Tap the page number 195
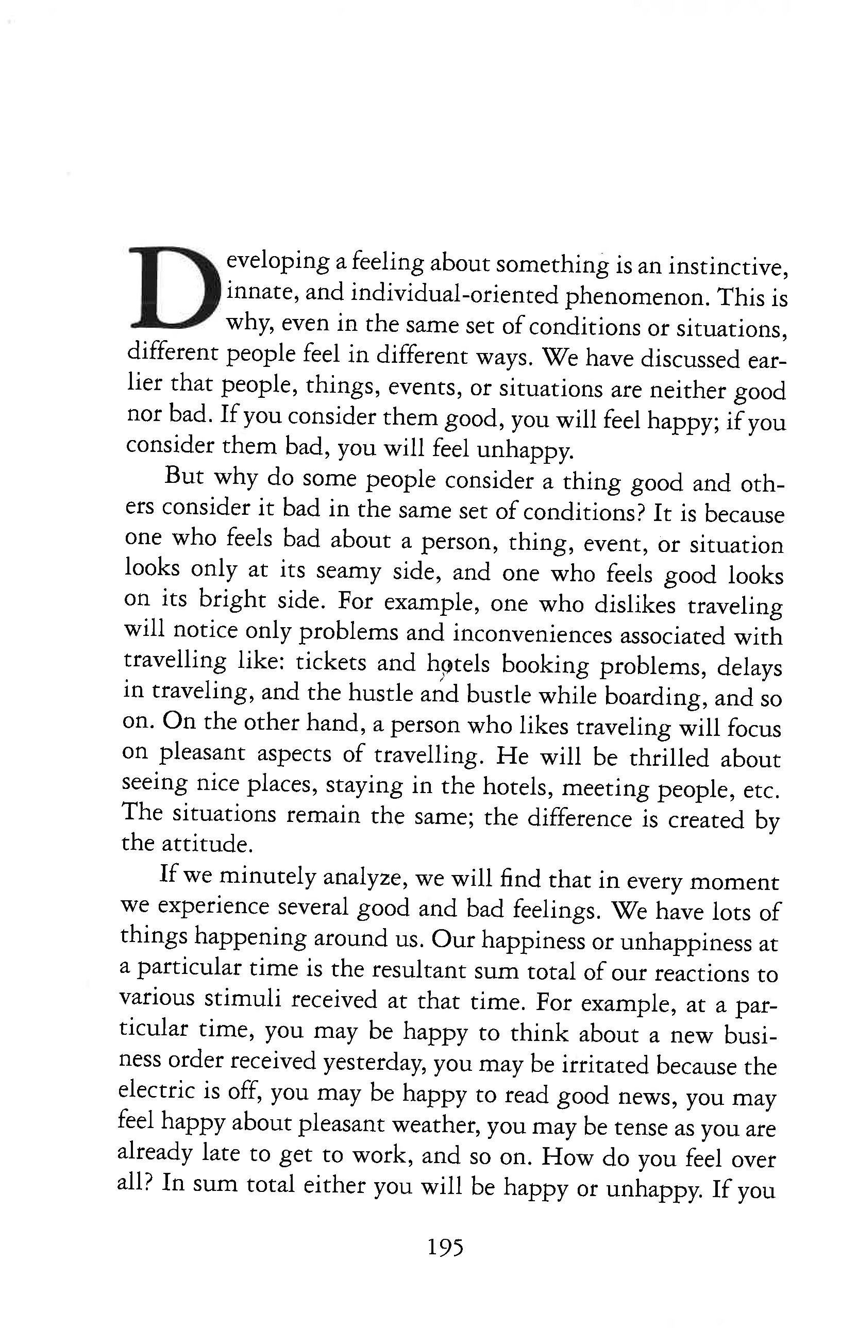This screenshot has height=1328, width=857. pyautogui.click(x=445, y=1247)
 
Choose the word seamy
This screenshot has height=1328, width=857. pyautogui.click(x=348, y=571)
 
